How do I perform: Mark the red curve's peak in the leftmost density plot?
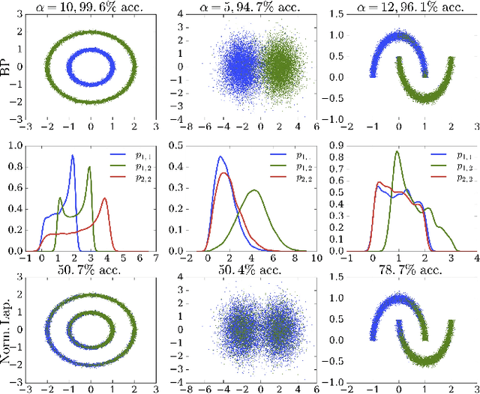104,198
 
